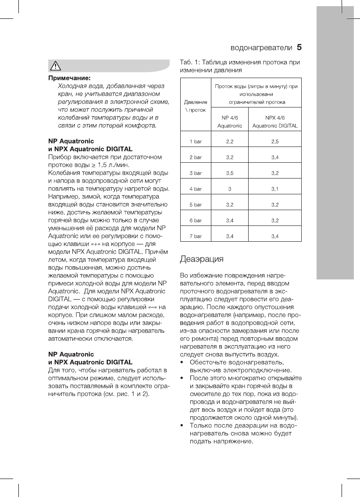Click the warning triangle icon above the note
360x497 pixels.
click(x=57, y=66)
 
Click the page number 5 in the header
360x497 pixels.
click(x=300, y=46)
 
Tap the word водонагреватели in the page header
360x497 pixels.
click(x=261, y=47)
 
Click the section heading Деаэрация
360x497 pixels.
click(x=202, y=259)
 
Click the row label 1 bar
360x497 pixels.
click(x=195, y=142)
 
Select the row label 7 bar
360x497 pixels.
click(x=195, y=236)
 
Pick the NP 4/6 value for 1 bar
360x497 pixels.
click(x=229, y=142)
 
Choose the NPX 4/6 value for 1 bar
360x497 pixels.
click(x=275, y=142)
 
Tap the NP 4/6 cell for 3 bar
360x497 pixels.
click(x=229, y=173)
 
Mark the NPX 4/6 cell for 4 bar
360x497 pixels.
click(x=275, y=189)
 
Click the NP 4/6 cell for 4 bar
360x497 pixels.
click(x=229, y=189)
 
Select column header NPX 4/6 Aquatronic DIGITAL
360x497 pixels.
click(x=275, y=122)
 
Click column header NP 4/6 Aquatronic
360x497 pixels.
click(x=229, y=122)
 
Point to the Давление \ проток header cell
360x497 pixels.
click(x=195, y=106)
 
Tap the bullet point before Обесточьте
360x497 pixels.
click(x=182, y=362)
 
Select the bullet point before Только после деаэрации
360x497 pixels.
click(x=182, y=425)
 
